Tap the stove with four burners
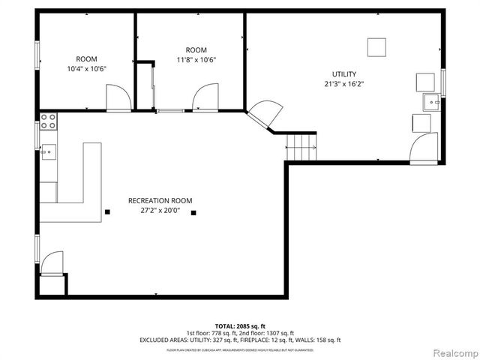49,118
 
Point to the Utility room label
344,74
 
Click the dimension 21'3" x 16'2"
344,84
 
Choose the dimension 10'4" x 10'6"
87,69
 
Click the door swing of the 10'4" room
118,98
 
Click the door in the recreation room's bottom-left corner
53,265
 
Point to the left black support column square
107,212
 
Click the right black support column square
193,213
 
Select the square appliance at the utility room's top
376,46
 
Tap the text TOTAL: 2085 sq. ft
240,326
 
